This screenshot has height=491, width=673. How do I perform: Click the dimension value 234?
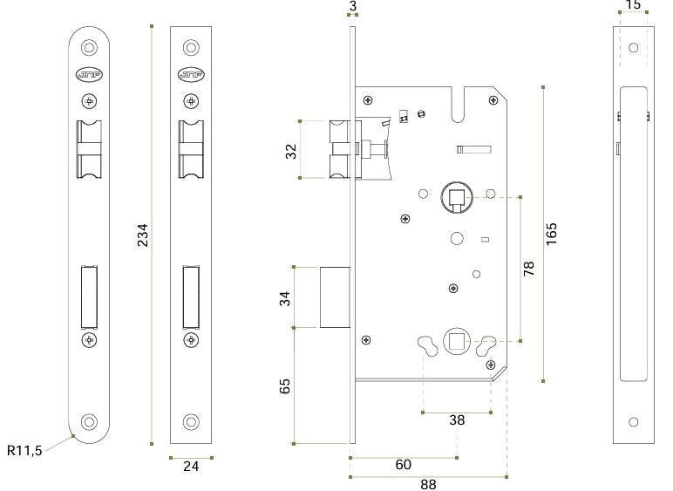(x=142, y=235)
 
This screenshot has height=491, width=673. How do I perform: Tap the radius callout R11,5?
(x=24, y=450)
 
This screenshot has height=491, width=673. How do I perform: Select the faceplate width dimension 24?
(x=191, y=466)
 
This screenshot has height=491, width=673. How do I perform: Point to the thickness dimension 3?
(x=353, y=6)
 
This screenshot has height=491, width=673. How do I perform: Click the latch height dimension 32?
(x=291, y=152)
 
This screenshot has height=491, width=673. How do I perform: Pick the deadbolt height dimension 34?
(x=285, y=298)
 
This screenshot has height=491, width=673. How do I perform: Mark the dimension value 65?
(x=285, y=385)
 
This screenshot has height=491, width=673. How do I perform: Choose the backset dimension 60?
(x=404, y=464)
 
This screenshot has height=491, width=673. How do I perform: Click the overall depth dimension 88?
(x=428, y=485)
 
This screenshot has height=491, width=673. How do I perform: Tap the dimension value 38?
(x=457, y=420)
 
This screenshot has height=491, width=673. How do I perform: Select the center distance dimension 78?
(x=529, y=269)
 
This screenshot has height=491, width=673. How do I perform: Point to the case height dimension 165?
(x=552, y=234)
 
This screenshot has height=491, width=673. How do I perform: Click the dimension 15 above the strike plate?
(x=634, y=4)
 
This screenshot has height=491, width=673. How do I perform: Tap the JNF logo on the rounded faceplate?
(x=89, y=75)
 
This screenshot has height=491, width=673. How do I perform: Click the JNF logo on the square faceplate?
(x=191, y=75)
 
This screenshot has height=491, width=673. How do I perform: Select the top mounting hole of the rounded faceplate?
(x=89, y=47)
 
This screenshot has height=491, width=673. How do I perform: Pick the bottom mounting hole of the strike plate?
(x=634, y=422)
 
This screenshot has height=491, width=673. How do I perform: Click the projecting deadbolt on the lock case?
(x=336, y=297)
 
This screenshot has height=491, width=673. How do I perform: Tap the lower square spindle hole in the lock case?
(x=457, y=342)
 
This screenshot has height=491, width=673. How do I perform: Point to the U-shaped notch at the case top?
(x=459, y=106)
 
